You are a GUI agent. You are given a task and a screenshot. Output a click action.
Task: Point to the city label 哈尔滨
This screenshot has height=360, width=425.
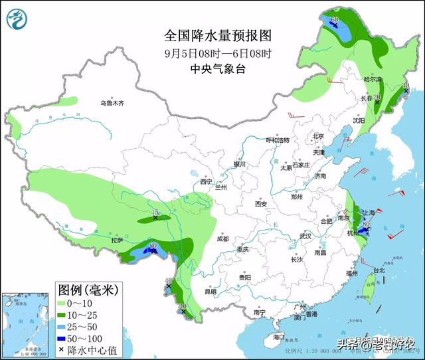(x=373, y=80)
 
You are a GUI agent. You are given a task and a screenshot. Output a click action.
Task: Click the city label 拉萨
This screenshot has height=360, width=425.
(x=118, y=241)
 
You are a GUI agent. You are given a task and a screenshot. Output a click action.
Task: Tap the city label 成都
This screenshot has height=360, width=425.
(x=221, y=238)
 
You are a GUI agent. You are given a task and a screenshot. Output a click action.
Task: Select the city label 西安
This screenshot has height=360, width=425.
(x=260, y=204)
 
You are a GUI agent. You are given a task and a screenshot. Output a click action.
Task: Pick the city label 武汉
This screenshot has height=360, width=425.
(x=305, y=236)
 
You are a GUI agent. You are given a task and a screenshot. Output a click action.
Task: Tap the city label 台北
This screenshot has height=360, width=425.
(x=378, y=270)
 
